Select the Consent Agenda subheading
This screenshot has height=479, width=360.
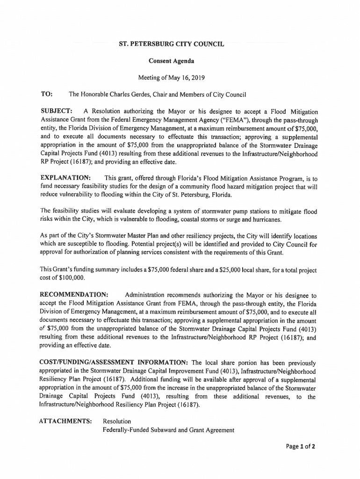(x=171, y=61)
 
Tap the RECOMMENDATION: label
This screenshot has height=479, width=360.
(x=75, y=295)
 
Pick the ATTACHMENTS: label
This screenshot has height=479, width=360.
(x=65, y=421)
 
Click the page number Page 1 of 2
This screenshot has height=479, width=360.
(x=301, y=446)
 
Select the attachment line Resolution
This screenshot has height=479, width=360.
(x=117, y=421)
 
